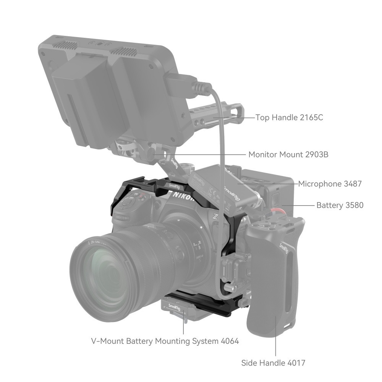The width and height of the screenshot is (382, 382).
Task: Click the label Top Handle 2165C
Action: coord(289,117)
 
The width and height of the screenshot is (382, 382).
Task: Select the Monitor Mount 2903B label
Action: coord(288,155)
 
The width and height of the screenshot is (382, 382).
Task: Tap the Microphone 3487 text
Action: coord(330,184)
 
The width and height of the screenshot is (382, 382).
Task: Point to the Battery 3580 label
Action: coord(340,206)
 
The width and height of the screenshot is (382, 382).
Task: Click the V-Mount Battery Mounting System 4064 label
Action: coord(165,341)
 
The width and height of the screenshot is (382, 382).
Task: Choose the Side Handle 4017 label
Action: coord(273,363)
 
